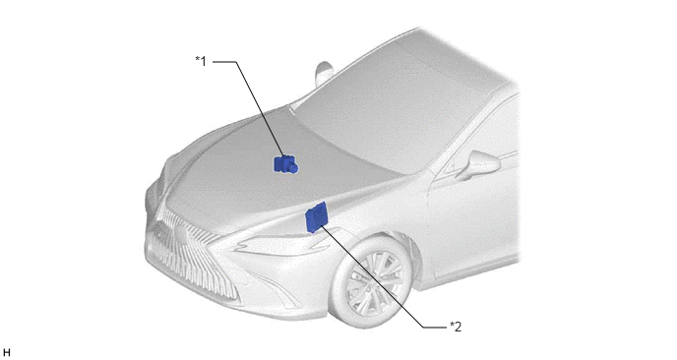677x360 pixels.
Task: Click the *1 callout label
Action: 201,61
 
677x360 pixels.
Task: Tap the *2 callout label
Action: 456,327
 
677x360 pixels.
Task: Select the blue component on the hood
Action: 285,164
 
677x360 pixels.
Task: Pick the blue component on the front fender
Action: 316,216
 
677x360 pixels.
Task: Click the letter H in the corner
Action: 6,353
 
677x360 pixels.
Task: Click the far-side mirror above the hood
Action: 323,72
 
